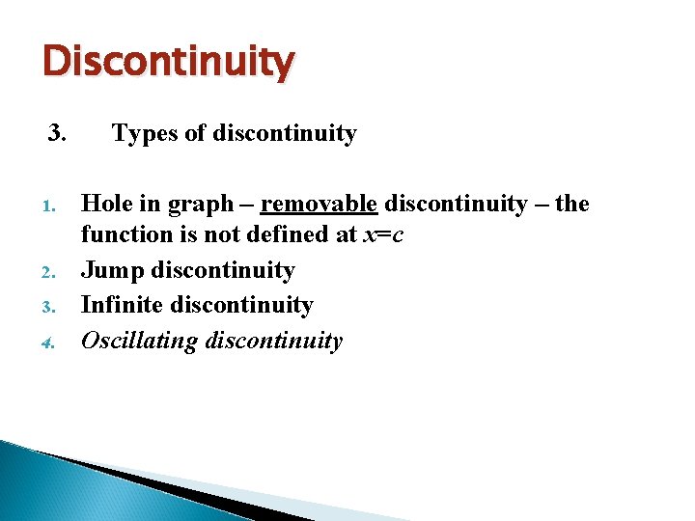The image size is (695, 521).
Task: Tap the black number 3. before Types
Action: (x=57, y=133)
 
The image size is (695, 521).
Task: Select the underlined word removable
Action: (x=319, y=204)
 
